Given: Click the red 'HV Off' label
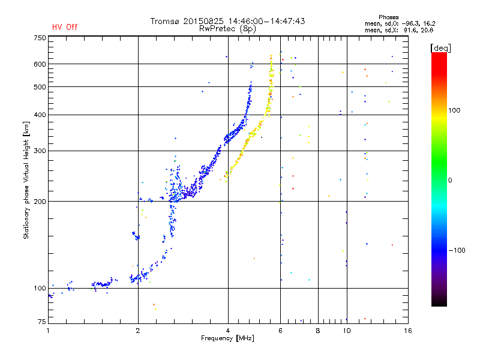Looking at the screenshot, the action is coord(65,27).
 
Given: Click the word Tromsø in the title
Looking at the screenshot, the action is coord(165,21).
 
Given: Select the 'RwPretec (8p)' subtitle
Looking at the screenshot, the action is coord(227,29).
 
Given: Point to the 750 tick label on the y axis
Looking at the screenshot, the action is coord(40,38).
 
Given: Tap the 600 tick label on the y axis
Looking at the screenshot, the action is coord(40,64).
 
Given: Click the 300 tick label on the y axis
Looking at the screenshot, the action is coord(40,151).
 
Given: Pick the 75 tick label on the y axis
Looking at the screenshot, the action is coord(42,322).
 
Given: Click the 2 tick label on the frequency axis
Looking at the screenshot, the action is coord(138,331).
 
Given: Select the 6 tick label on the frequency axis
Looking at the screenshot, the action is coord(280,331).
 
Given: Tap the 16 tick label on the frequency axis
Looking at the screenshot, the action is coord(408,331).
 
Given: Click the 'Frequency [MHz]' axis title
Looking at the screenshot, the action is coord(227,338).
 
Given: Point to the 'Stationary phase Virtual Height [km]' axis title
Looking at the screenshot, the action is coord(26,181).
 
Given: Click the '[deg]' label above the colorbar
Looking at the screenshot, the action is coord(440,48).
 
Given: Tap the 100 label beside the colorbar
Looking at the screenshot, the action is coord(454,110).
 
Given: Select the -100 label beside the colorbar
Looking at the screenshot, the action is coord(457,250).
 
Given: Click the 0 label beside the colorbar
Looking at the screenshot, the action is coord(450,181).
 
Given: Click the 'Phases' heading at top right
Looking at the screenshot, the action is coord(388,17).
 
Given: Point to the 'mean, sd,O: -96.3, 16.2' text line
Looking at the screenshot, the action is coord(400,23).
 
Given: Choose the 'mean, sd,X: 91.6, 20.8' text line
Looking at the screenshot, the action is coord(399,30).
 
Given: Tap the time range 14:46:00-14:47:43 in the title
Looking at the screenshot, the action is coord(266,21).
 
